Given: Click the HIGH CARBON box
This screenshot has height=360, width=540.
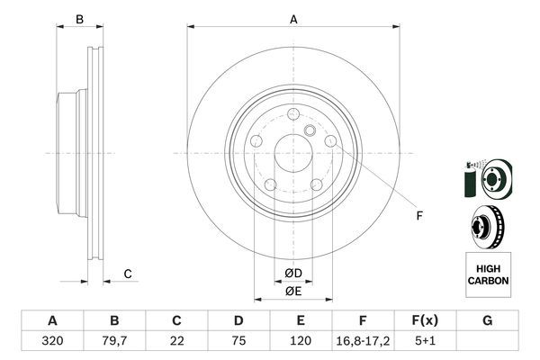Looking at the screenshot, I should click(x=488, y=274).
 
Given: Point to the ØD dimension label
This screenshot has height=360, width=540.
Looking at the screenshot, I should click(x=292, y=273).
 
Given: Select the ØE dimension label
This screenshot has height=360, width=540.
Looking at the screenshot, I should click(x=292, y=291).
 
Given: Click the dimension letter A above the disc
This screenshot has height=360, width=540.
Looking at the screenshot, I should click(x=293, y=19).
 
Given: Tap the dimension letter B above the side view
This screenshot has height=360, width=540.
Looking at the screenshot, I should click(x=79, y=19).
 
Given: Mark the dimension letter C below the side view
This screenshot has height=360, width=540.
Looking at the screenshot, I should click(x=128, y=274).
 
